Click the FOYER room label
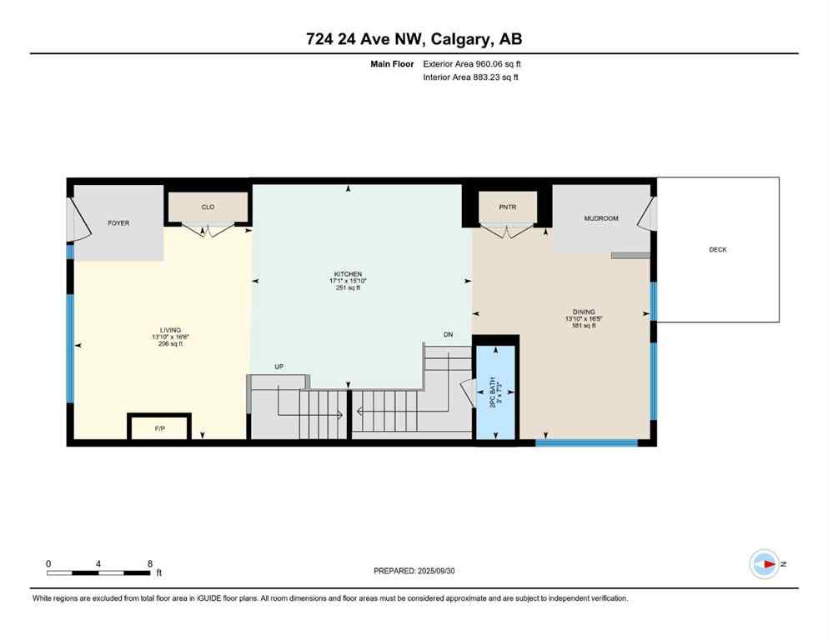point(118,223)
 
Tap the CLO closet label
point(208,207)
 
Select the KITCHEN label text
point(348,273)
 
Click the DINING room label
point(584,312)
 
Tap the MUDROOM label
point(600,218)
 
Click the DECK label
point(718,250)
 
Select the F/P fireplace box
point(160,427)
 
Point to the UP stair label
point(280,367)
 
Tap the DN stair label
point(448,335)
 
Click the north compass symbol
point(764,564)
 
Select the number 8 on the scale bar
point(148,563)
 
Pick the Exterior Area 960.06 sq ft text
point(473,63)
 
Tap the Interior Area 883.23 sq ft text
point(472,77)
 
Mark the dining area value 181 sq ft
point(584,327)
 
